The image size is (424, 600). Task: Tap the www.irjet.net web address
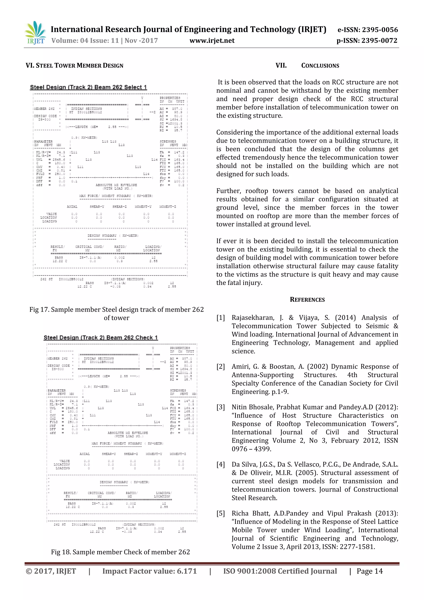click(x=212, y=41)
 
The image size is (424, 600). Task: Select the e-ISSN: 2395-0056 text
click(x=368, y=30)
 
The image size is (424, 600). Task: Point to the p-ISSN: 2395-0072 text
click(x=367, y=41)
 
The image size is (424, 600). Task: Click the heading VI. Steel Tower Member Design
click(x=74, y=66)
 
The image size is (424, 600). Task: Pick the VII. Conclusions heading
click(x=307, y=66)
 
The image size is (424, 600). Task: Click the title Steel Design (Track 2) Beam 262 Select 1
click(x=89, y=87)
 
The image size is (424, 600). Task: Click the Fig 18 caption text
click(x=120, y=552)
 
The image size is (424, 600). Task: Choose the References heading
click(x=307, y=300)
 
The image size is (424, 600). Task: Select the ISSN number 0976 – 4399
click(x=251, y=449)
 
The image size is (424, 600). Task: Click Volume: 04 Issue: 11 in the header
click(x=85, y=41)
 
